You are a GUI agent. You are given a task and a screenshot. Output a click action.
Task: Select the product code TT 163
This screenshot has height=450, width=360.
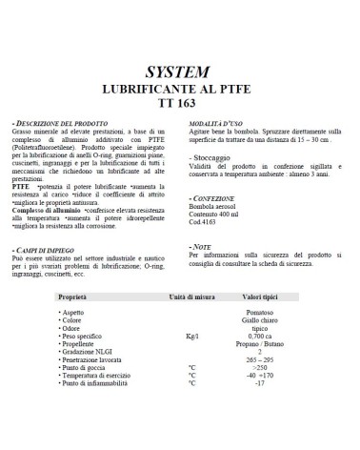coord(178,102)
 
